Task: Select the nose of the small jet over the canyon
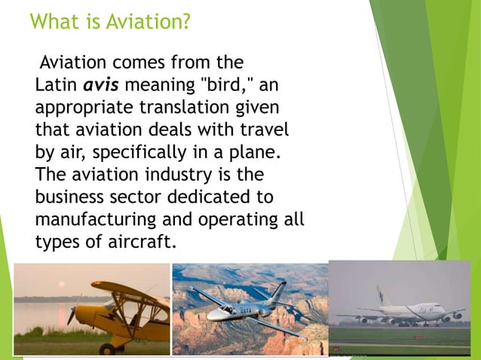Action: pos(193,290)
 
